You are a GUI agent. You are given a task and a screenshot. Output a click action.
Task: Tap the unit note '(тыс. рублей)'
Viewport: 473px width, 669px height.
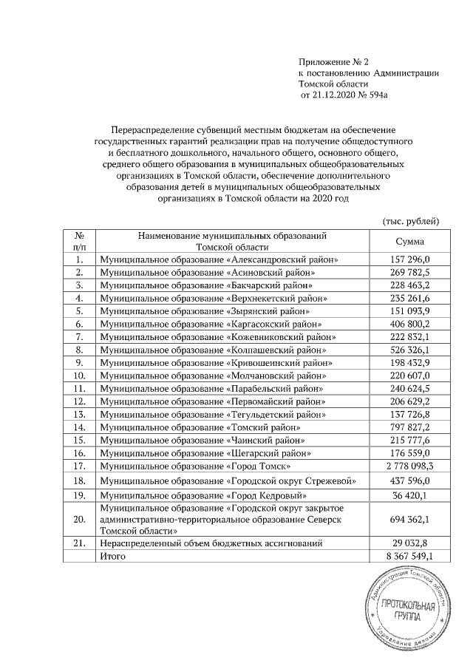pyautogui.click(x=411, y=220)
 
